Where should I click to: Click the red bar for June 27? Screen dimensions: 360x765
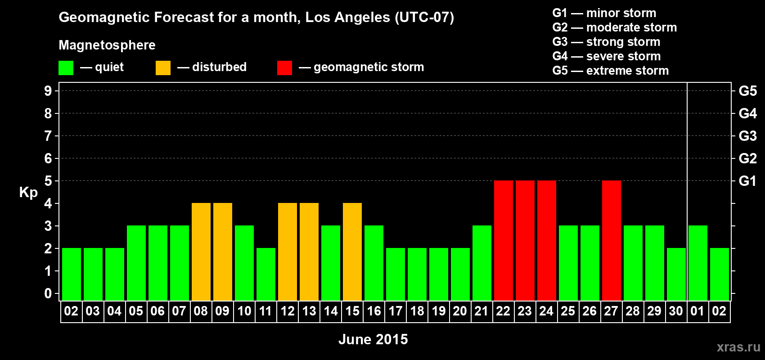(611, 240)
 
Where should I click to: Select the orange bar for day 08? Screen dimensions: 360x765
(201, 252)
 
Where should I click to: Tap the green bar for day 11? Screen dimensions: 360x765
(265, 274)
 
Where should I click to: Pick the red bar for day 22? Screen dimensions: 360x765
(503, 240)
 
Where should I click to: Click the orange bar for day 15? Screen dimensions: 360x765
(352, 252)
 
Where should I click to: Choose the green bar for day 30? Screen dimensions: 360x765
(676, 274)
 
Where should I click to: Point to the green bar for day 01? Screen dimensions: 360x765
(697, 263)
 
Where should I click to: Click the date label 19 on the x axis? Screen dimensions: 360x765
(439, 311)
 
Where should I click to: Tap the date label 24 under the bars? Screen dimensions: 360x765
(546, 311)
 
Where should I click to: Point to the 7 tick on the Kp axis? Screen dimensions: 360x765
(48, 136)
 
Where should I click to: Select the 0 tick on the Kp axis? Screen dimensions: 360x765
(48, 293)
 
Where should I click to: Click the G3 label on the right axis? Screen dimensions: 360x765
(747, 136)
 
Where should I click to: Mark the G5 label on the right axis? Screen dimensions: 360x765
(747, 91)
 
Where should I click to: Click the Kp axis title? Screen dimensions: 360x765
(28, 193)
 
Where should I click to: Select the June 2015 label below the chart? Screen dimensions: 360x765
(373, 339)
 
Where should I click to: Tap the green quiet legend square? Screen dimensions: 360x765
(66, 68)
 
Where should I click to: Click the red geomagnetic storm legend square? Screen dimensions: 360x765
(284, 68)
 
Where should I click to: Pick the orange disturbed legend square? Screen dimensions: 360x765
(163, 68)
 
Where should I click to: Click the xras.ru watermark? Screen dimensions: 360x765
(738, 347)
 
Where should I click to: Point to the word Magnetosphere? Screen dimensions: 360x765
(107, 45)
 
